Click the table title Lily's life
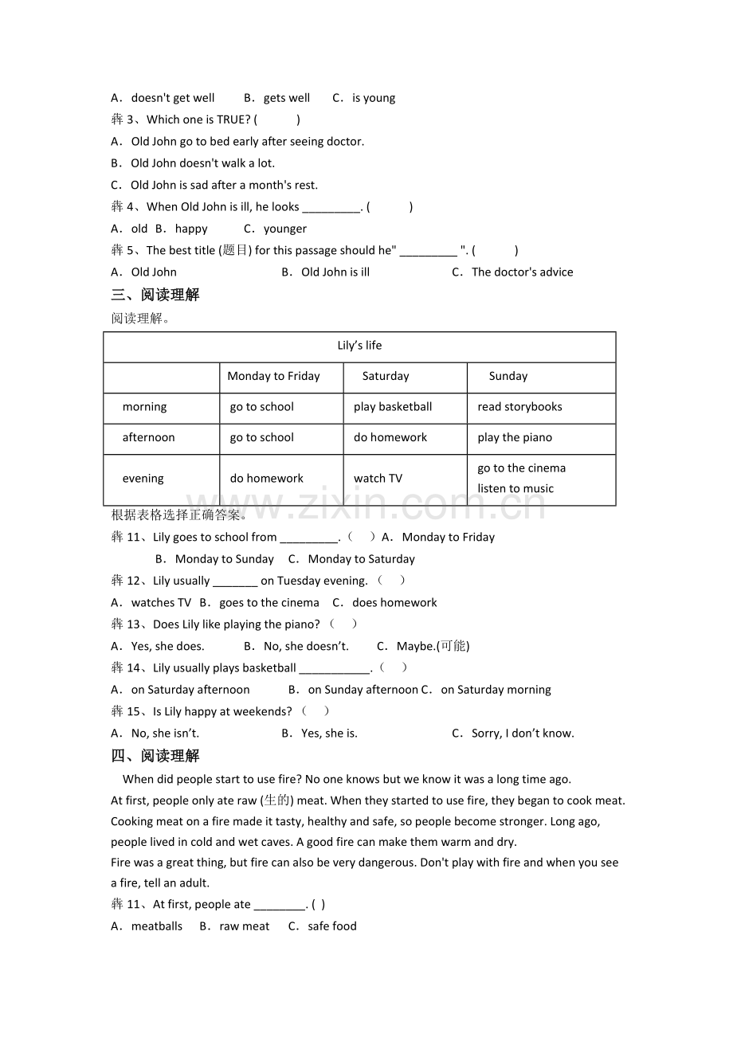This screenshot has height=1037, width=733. [359, 346]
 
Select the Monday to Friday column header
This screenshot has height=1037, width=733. [273, 376]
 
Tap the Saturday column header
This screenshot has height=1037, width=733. [386, 376]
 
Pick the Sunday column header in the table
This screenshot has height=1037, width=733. [508, 376]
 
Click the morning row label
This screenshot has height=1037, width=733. [144, 407]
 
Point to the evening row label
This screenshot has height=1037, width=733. [143, 479]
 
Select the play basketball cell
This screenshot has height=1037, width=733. [393, 407]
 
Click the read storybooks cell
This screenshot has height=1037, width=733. [519, 407]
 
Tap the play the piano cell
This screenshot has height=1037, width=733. [515, 437]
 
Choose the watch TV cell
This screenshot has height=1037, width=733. [378, 479]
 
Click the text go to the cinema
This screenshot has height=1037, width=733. [521, 468]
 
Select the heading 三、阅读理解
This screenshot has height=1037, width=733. [155, 295]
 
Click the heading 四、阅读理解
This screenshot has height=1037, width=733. [155, 756]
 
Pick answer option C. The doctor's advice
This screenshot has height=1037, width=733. [512, 272]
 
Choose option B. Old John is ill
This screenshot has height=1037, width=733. [326, 272]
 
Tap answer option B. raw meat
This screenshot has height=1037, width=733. [235, 926]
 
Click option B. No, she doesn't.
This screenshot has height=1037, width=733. [296, 647]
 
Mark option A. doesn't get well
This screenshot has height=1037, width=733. [163, 98]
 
